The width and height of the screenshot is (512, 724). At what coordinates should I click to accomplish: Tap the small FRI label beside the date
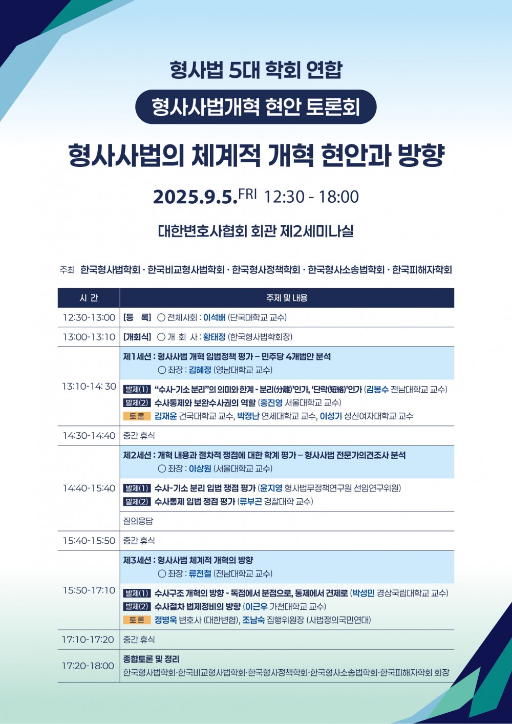click(x=247, y=194)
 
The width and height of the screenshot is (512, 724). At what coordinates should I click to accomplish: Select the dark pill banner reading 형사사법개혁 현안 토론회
click(x=255, y=107)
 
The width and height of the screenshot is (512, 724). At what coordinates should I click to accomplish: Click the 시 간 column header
click(x=89, y=297)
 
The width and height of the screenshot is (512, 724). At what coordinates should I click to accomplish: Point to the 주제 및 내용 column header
click(x=287, y=297)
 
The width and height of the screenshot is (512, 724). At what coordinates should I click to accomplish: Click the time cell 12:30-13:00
click(x=89, y=317)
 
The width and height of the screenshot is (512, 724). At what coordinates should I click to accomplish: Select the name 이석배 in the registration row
click(x=215, y=317)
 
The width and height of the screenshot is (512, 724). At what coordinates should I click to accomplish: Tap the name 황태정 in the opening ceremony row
click(x=215, y=337)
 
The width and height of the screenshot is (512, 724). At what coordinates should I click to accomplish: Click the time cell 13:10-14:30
click(x=89, y=386)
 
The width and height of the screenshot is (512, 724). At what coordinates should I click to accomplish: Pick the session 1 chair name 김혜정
click(x=200, y=370)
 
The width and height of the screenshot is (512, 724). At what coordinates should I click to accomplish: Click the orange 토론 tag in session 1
click(x=137, y=416)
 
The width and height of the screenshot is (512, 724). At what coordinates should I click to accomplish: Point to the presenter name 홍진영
click(x=271, y=403)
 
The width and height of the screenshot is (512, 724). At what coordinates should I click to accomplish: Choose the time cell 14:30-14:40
click(x=89, y=436)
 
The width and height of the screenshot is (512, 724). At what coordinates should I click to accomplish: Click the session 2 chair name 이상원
click(x=200, y=469)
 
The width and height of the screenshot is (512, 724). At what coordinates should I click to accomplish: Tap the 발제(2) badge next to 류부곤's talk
click(x=137, y=502)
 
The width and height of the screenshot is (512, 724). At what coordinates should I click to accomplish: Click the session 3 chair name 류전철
click(x=200, y=573)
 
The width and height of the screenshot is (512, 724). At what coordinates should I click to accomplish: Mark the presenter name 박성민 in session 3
click(x=364, y=593)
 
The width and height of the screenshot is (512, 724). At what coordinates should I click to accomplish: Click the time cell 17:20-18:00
click(x=88, y=666)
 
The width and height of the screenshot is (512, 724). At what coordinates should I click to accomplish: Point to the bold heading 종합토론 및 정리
click(x=151, y=659)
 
